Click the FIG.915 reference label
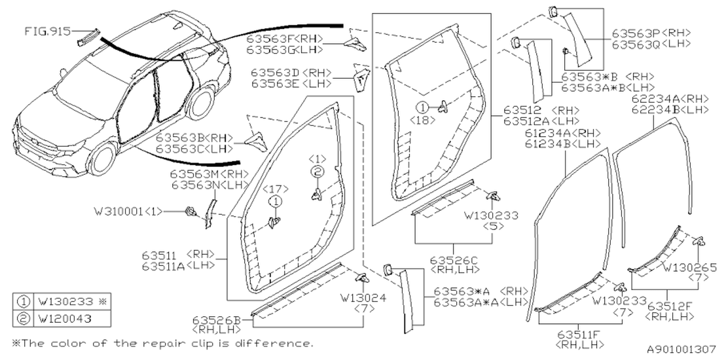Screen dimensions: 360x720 (x=47, y=31)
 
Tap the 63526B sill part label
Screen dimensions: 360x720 (x=217, y=320)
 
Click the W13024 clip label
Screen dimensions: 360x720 (x=363, y=298)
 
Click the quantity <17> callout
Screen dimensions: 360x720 (x=275, y=190)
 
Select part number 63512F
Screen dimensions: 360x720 (x=670, y=307)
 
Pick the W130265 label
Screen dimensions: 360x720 (x=690, y=267)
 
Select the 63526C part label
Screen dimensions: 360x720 (x=454, y=260)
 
